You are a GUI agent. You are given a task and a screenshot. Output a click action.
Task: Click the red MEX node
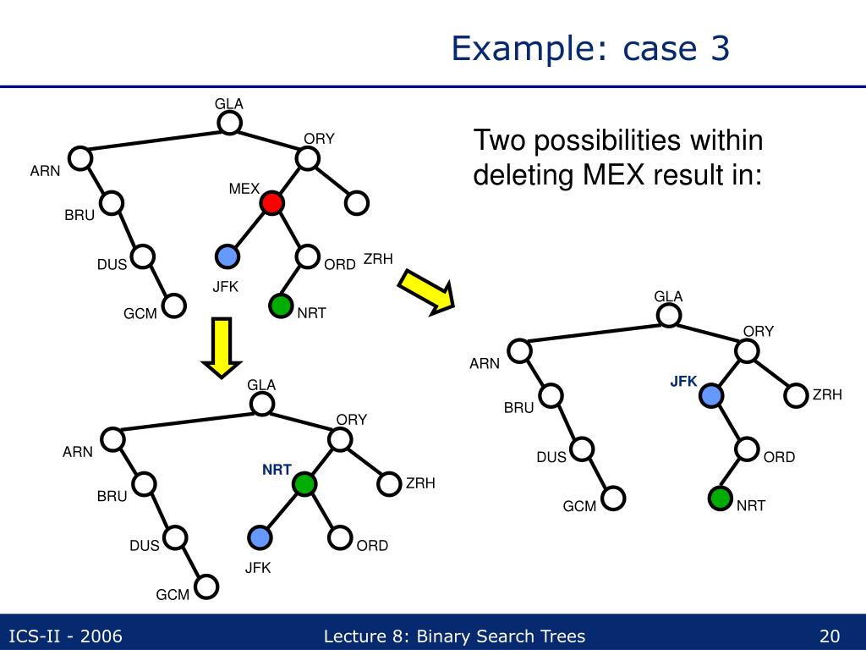point(271,203)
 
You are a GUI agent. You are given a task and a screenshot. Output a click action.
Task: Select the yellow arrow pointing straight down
point(221,347)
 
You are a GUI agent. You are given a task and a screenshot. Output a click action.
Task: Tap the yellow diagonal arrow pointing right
point(427,291)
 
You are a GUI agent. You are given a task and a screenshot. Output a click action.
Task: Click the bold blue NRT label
point(277,470)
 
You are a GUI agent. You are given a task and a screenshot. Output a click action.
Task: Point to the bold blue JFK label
point(683,382)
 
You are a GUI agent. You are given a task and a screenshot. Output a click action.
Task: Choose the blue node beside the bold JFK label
point(712,395)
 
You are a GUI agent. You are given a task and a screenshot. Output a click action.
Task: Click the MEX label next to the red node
point(244,189)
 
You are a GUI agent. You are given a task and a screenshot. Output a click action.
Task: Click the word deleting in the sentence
point(523,176)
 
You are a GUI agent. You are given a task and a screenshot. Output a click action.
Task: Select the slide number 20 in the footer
point(829,636)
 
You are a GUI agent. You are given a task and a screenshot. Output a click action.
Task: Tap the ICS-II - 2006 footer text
point(65,636)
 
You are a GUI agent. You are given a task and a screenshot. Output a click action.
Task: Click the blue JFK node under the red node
point(227,256)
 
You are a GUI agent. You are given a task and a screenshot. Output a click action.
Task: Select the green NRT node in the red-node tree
point(281,306)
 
